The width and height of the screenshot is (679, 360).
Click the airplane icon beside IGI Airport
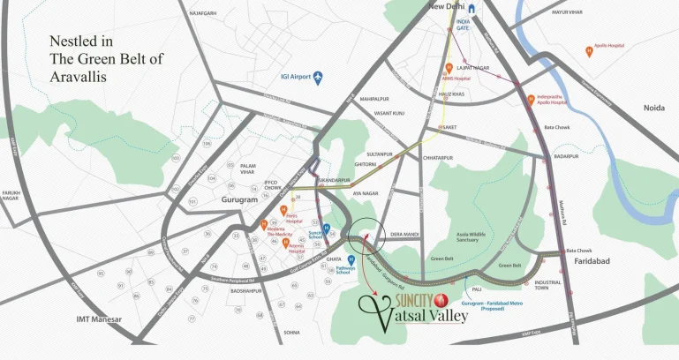pyautogui.click(x=319, y=78)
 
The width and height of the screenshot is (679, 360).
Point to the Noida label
pyautogui.click(x=653, y=108)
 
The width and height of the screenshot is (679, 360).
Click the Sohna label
pyautogui.click(x=291, y=333)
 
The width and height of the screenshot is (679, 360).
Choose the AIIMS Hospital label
pyautogui.click(x=456, y=78)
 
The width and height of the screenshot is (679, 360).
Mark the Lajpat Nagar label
pyautogui.click(x=472, y=67)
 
